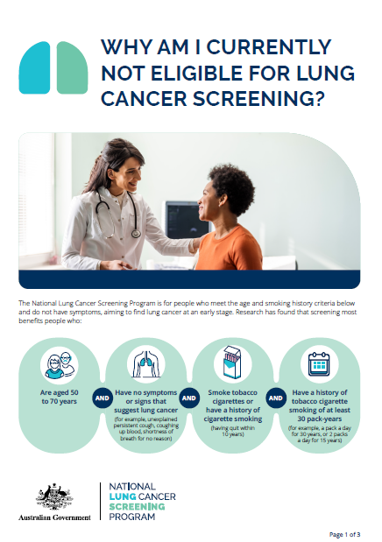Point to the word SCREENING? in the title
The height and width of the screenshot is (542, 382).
tap(258, 99)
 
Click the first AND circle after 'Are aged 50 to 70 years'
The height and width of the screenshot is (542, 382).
tap(102, 396)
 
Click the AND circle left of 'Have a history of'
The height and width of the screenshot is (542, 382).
tap(273, 396)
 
